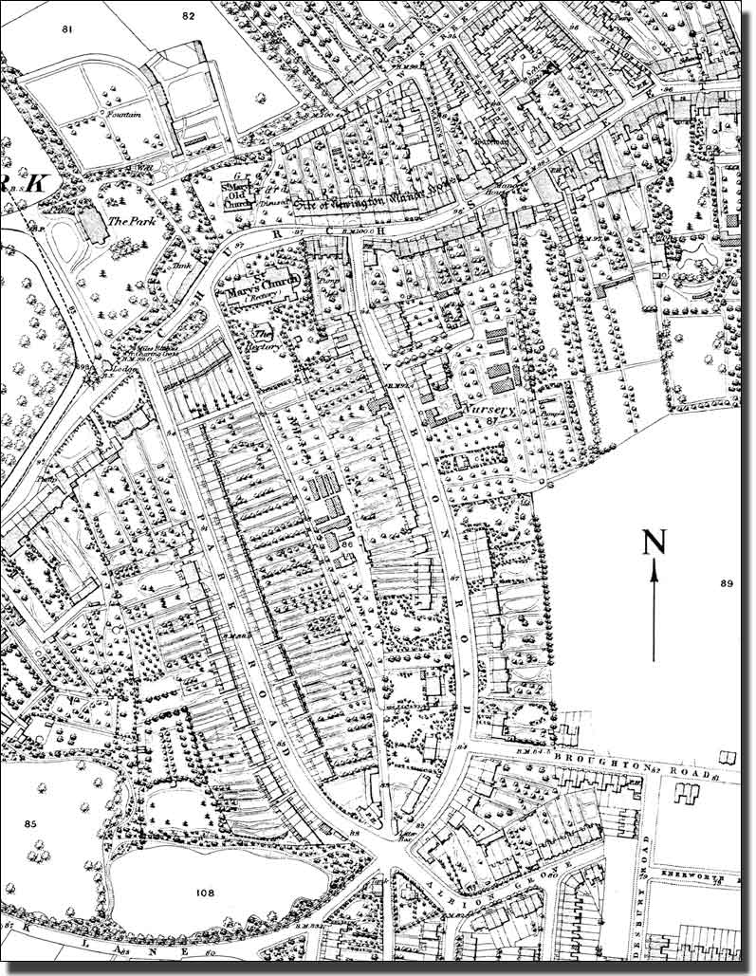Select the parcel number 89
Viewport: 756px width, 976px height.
[x=728, y=583]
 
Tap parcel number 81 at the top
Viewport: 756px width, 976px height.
[x=66, y=30]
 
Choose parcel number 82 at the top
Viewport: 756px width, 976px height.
[x=188, y=16]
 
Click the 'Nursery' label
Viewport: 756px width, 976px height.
[x=489, y=410]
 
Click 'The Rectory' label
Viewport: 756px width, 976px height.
[x=261, y=341]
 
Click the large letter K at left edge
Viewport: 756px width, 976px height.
[x=35, y=185]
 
